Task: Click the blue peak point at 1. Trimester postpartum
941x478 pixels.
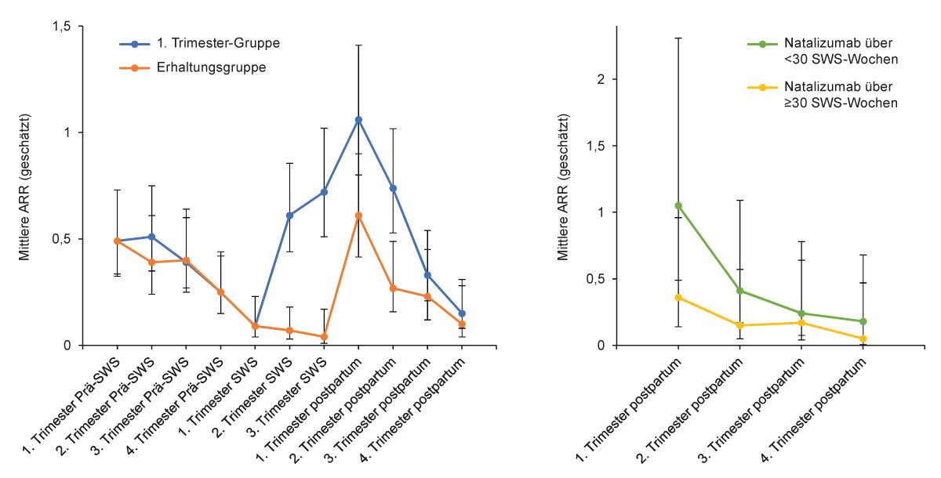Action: [x=358, y=120]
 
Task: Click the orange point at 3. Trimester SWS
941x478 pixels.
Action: [x=324, y=337]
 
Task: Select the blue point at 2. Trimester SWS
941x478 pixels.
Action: [x=289, y=215]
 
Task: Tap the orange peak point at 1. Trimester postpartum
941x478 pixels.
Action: [x=358, y=215]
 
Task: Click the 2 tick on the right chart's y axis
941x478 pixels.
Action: [x=600, y=79]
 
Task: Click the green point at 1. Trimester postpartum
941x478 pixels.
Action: [x=678, y=206]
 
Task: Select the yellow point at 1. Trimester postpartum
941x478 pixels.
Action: [x=678, y=298]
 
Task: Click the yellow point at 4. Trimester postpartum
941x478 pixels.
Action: [x=863, y=339]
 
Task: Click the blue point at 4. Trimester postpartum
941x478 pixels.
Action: [x=462, y=313]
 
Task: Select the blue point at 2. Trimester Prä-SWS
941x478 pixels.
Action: [x=151, y=237]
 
